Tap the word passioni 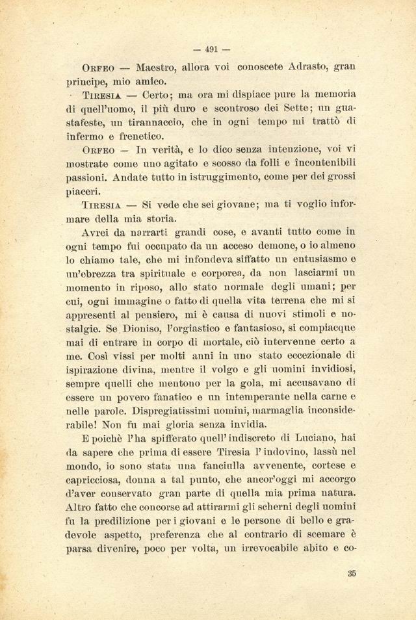coord(88,176)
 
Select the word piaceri coord(84,191)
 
